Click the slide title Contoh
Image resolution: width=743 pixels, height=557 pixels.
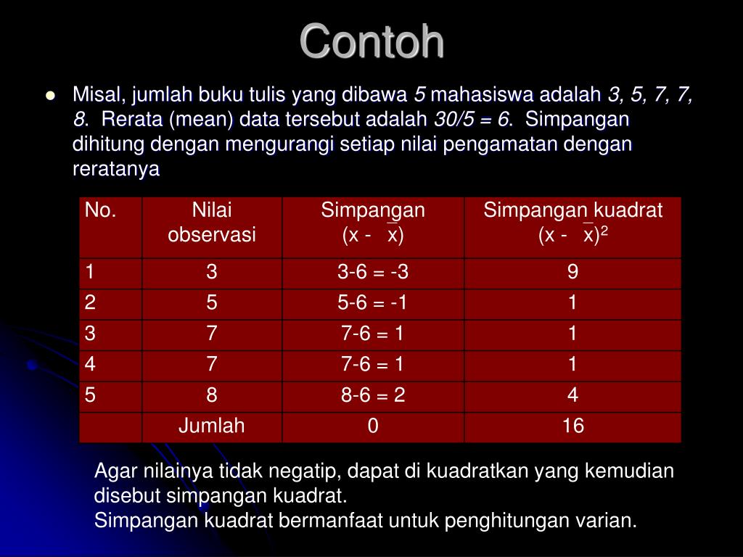click(x=371, y=41)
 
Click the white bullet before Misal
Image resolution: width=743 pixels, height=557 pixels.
click(x=50, y=96)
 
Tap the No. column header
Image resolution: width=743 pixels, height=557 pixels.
click(x=101, y=211)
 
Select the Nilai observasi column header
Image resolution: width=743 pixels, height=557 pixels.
click(x=212, y=223)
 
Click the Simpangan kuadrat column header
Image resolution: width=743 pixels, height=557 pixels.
click(x=572, y=223)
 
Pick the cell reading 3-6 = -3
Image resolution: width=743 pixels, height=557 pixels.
click(x=373, y=273)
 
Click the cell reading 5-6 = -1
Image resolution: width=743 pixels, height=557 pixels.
click(x=373, y=303)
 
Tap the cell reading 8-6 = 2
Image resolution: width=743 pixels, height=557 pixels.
click(x=373, y=395)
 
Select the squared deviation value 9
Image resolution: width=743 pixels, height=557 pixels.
click(x=572, y=273)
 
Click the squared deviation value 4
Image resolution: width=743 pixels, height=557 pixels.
click(x=572, y=395)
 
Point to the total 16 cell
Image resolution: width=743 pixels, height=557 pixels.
click(x=572, y=426)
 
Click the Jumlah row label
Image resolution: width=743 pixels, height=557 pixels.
click(x=212, y=426)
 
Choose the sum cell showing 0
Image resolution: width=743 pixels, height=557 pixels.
click(x=373, y=426)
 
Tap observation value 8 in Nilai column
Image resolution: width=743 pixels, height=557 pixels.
click(x=212, y=395)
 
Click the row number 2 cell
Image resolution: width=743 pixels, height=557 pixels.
click(x=89, y=303)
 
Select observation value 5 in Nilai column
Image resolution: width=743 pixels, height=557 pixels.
click(x=212, y=303)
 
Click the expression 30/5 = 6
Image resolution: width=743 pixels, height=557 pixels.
click(x=472, y=120)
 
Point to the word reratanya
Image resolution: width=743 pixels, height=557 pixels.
click(x=115, y=169)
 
